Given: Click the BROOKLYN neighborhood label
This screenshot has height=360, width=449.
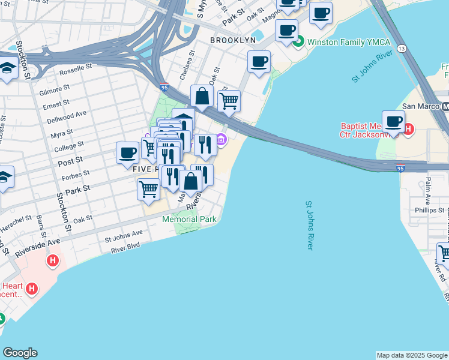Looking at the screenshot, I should pyautogui.click(x=233, y=40).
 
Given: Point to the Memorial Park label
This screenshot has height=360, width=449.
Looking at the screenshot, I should pyautogui.click(x=189, y=219).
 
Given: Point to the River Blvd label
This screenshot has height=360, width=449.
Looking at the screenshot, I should pyautogui.click(x=125, y=245).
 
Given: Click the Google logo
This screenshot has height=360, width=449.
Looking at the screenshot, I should pyautogui.click(x=20, y=353).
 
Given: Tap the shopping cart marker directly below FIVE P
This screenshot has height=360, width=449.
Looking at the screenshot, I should pyautogui.click(x=148, y=189).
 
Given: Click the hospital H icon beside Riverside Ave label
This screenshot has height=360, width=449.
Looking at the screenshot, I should pyautogui.click(x=53, y=261).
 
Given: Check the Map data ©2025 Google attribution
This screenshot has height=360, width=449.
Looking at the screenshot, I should pyautogui.click(x=412, y=355).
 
